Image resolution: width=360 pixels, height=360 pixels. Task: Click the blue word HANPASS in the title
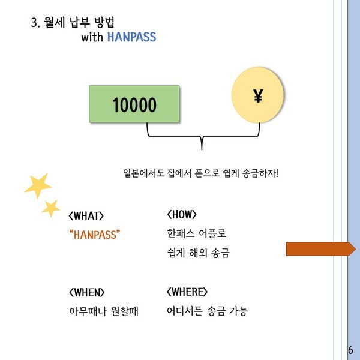[132, 37]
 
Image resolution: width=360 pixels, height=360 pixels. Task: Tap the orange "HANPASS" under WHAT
[95, 235]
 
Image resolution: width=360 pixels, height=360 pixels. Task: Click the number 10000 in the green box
[134, 104]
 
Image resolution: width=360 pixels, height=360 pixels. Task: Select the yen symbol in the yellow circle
[258, 95]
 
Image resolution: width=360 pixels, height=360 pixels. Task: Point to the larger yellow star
[38, 185]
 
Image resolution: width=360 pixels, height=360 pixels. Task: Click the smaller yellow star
[51, 208]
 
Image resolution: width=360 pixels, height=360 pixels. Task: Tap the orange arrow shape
[321, 248]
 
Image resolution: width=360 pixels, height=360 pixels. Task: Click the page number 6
[350, 350]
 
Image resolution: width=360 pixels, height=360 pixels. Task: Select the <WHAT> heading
[86, 216]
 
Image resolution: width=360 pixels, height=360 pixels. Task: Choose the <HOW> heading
[182, 214]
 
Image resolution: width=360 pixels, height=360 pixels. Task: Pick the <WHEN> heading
[86, 293]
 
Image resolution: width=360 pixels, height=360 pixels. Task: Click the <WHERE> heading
[187, 292]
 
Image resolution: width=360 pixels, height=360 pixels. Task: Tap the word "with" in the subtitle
[92, 37]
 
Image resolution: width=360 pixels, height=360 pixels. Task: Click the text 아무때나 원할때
[104, 311]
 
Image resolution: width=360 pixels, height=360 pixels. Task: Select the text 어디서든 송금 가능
[207, 311]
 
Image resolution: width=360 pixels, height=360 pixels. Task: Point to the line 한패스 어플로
[197, 233]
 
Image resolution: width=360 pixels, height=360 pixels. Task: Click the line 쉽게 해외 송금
[199, 253]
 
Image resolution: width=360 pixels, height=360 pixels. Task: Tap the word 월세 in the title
[55, 22]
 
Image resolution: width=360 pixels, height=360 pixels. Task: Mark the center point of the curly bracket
[202, 136]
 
